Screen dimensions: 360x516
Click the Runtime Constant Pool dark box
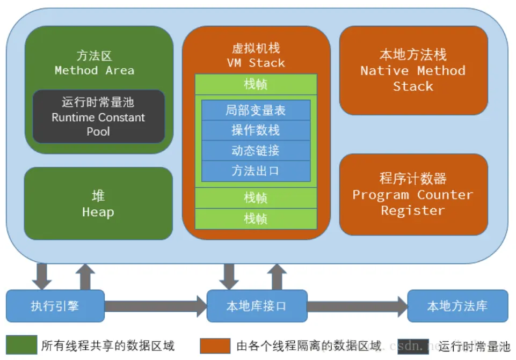tap(98, 116)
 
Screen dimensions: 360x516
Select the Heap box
tap(98, 203)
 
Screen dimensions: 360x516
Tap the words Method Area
tap(95, 70)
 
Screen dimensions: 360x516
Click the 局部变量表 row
tap(256, 111)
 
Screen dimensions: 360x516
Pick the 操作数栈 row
tap(256, 130)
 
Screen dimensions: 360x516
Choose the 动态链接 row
tap(256, 151)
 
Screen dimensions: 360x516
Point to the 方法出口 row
tap(256, 171)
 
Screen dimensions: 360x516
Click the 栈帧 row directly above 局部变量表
tap(256, 84)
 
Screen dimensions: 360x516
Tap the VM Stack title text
tap(256, 63)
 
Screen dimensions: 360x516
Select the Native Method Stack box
tap(413, 70)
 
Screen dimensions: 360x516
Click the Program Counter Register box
tap(413, 195)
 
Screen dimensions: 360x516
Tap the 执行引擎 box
tap(55, 306)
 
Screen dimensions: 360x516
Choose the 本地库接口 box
tap(257, 306)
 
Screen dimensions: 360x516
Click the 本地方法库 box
tap(457, 306)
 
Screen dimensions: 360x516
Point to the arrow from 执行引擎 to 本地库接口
tap(155, 306)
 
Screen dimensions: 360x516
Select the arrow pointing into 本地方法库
tap(357, 306)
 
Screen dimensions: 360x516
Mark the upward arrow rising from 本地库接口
tap(277, 276)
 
